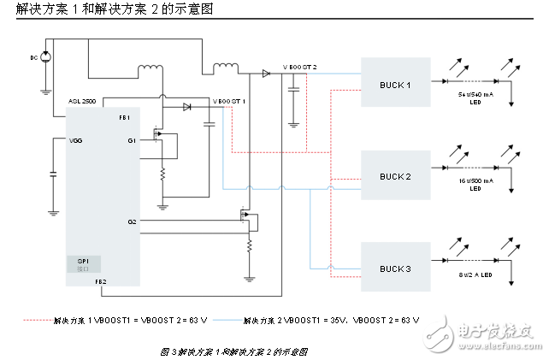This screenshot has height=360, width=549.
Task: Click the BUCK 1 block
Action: point(395,84)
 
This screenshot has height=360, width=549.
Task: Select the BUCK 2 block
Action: point(395,175)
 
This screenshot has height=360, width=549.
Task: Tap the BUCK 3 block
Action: point(395,268)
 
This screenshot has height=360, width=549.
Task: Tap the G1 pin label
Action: point(132,139)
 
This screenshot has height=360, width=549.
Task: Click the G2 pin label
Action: point(132,221)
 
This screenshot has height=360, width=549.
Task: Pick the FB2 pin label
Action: point(124,280)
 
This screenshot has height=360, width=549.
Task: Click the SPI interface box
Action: point(83,263)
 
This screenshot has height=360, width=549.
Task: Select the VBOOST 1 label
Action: point(229,100)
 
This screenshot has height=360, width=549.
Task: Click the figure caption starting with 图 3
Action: point(233,351)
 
